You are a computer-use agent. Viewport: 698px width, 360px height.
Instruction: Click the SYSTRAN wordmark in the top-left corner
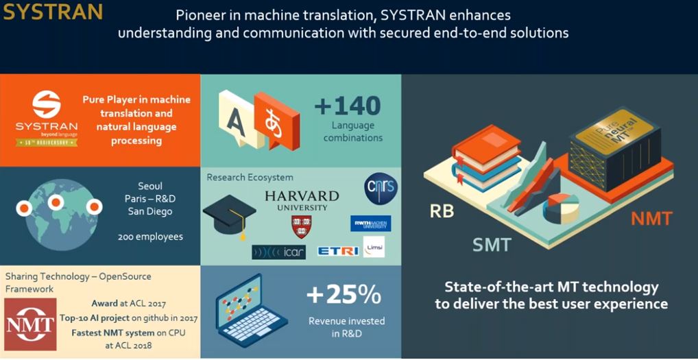coord(53,12)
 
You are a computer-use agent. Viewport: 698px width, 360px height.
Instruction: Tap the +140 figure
coord(347,106)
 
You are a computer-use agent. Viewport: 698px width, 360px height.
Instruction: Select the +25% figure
coord(344,294)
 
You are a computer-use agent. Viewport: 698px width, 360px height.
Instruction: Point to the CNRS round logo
coord(381,189)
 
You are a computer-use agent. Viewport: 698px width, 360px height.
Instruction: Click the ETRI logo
coord(338,250)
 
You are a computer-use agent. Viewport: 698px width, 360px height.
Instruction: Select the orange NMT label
coord(651,219)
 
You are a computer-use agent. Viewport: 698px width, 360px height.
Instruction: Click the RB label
coord(442,211)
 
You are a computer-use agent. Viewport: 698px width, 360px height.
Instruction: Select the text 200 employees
coord(149,237)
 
